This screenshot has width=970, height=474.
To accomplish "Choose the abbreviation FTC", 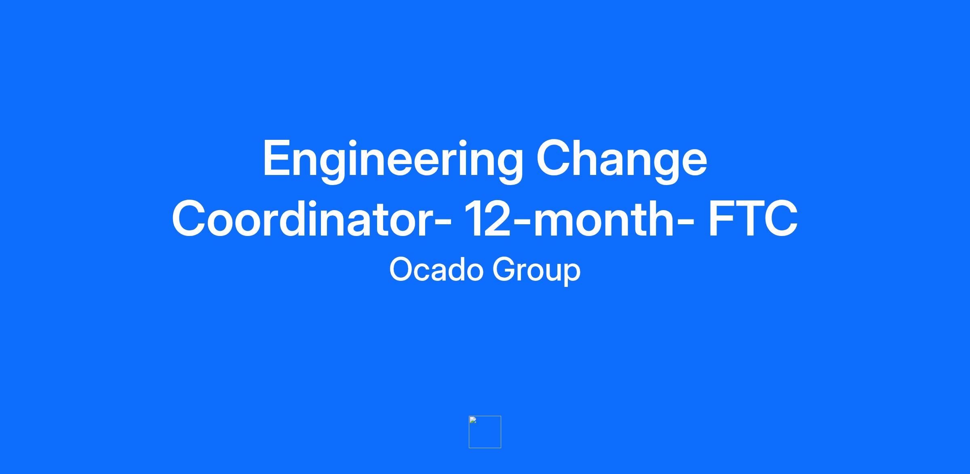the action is tap(753, 218).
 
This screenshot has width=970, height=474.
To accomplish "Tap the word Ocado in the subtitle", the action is tap(436, 270).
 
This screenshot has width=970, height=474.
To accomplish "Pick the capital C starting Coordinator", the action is tap(190, 218).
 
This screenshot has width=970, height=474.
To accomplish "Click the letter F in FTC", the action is tap(721, 218).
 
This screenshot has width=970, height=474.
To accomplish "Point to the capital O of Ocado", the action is tap(401, 270).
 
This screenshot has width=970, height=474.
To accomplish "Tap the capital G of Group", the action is tap(504, 270).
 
